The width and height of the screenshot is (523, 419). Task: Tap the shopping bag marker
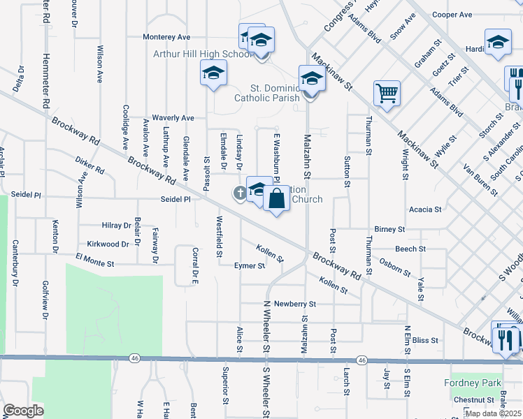coord(277,198)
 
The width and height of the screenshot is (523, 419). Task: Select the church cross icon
coord(239,193)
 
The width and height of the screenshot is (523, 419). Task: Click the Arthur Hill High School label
coord(203,54)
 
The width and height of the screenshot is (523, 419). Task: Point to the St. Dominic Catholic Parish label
coord(275,93)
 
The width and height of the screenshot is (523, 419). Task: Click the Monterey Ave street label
coord(166,36)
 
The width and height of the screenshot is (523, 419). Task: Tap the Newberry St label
coord(295,304)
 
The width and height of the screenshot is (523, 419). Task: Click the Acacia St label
coord(426,209)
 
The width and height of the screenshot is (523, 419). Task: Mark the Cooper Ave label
coord(452,15)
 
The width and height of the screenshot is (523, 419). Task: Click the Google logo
coord(22,411)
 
